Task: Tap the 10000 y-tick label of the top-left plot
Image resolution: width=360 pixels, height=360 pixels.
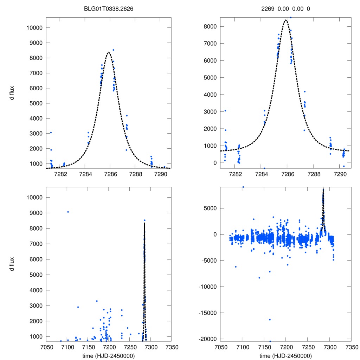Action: [34, 28]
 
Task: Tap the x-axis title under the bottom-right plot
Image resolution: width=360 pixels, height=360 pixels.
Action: [285, 355]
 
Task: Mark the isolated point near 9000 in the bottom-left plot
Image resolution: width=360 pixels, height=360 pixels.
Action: [68, 212]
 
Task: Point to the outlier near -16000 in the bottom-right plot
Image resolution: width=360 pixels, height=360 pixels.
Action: [270, 320]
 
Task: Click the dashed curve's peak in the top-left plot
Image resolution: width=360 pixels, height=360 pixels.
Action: [109, 52]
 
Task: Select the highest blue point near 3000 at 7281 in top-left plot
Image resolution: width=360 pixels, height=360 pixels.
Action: [51, 133]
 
